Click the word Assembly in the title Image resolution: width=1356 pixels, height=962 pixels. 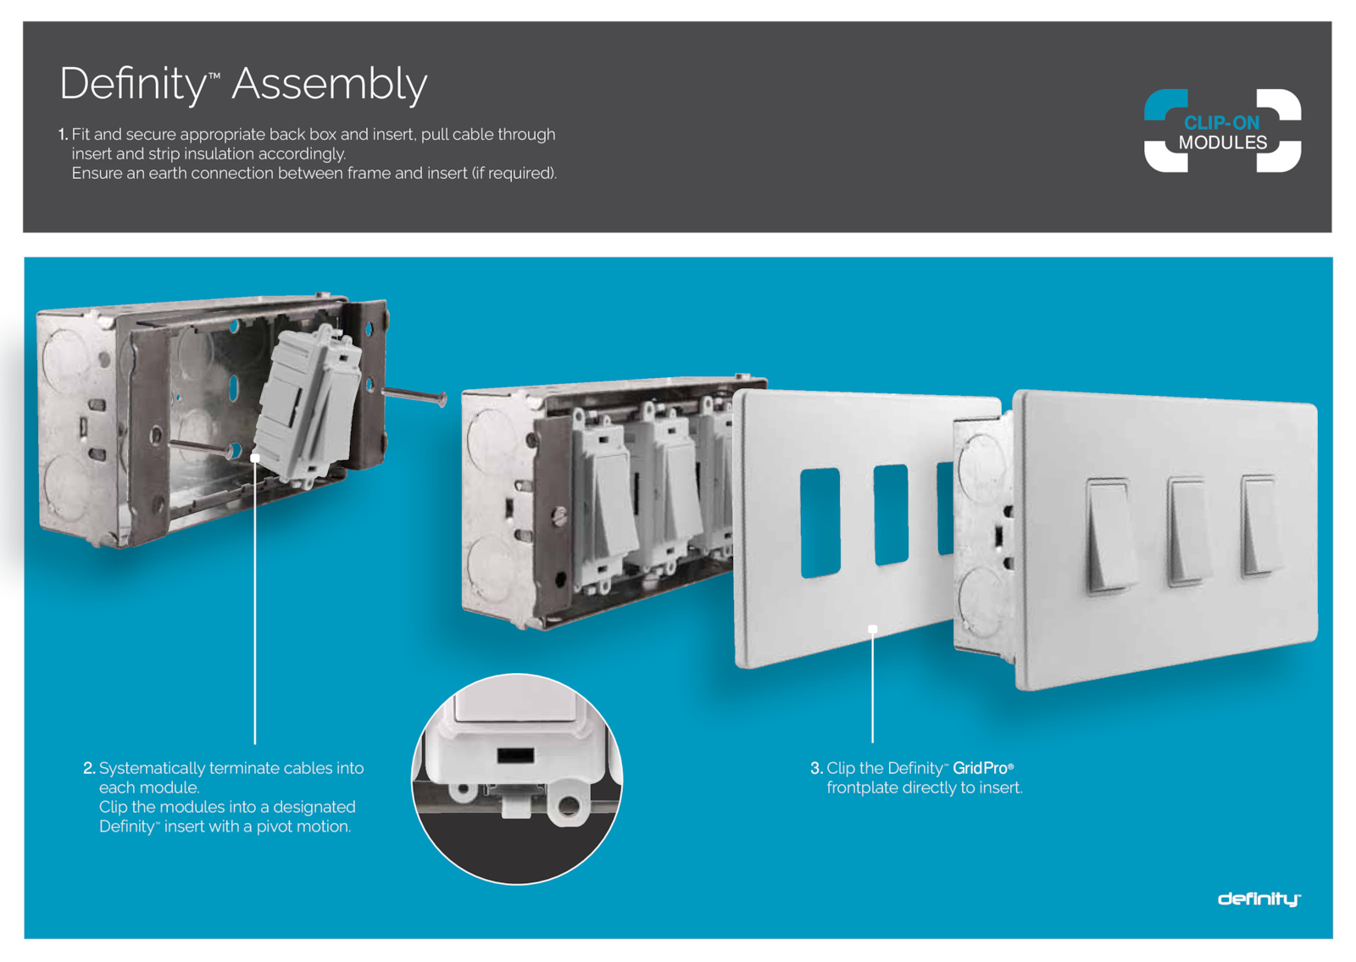(x=330, y=85)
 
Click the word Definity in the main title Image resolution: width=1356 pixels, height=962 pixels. (x=133, y=85)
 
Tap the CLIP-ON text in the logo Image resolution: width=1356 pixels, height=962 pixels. (x=1221, y=123)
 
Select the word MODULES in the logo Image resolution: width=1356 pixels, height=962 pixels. (x=1222, y=142)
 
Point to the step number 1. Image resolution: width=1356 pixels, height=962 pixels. (x=63, y=135)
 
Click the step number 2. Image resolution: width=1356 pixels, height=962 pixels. (x=89, y=768)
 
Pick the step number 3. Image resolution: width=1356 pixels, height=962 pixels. (x=817, y=768)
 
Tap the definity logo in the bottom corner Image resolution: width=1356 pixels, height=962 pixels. (x=1259, y=899)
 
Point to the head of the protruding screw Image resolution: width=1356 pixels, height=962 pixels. (x=443, y=399)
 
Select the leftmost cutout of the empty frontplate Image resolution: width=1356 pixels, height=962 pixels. (x=820, y=522)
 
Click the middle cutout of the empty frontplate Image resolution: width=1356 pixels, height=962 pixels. (x=891, y=514)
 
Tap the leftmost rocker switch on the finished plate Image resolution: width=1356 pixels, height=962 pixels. (x=1110, y=535)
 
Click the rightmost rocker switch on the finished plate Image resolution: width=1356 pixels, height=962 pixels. (x=1261, y=525)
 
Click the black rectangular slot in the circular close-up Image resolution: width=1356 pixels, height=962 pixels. (x=516, y=755)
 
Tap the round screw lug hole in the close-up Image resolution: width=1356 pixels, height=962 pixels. (x=568, y=805)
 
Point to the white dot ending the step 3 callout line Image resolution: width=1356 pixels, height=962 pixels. (x=872, y=629)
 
